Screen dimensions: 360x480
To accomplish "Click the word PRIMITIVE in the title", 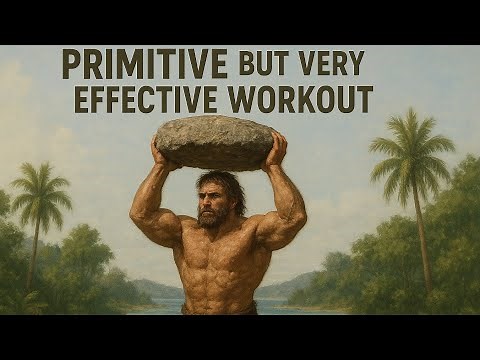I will (144, 65).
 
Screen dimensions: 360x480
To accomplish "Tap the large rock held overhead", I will (215, 140).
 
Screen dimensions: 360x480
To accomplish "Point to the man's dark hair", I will (222, 183).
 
